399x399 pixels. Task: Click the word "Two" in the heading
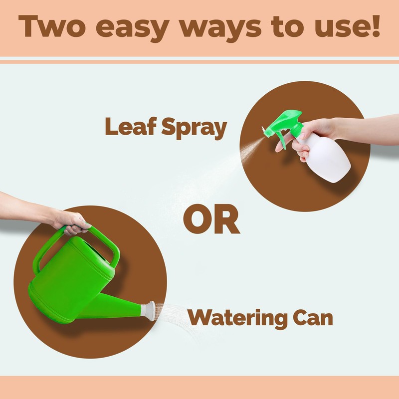pyautogui.click(x=52, y=26)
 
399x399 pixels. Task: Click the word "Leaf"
pyautogui.click(x=131, y=126)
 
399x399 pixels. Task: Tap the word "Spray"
pyautogui.click(x=194, y=128)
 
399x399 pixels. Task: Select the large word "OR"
pyautogui.click(x=211, y=219)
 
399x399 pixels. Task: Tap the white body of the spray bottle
pyautogui.click(x=326, y=158)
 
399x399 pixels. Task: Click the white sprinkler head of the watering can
pyautogui.click(x=149, y=311)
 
